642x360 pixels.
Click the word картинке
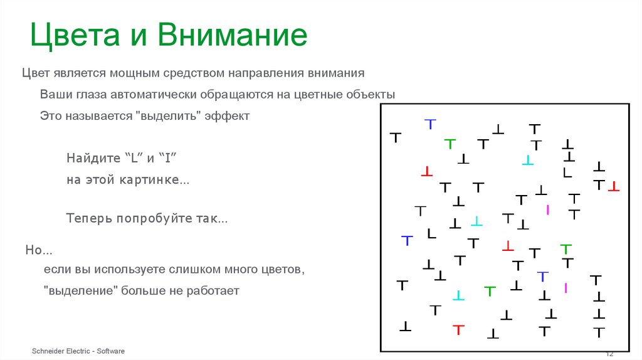[150, 180]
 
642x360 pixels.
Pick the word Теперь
[88, 219]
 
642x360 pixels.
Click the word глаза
[91, 95]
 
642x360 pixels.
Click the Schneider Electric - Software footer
[78, 351]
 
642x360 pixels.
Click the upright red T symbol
[459, 329]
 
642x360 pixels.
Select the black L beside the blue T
[431, 234]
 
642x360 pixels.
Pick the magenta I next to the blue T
[566, 288]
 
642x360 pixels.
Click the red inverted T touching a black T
[613, 186]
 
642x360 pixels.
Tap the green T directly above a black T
[566, 248]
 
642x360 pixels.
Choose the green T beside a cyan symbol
[490, 291]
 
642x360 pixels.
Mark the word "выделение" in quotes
[79, 291]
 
